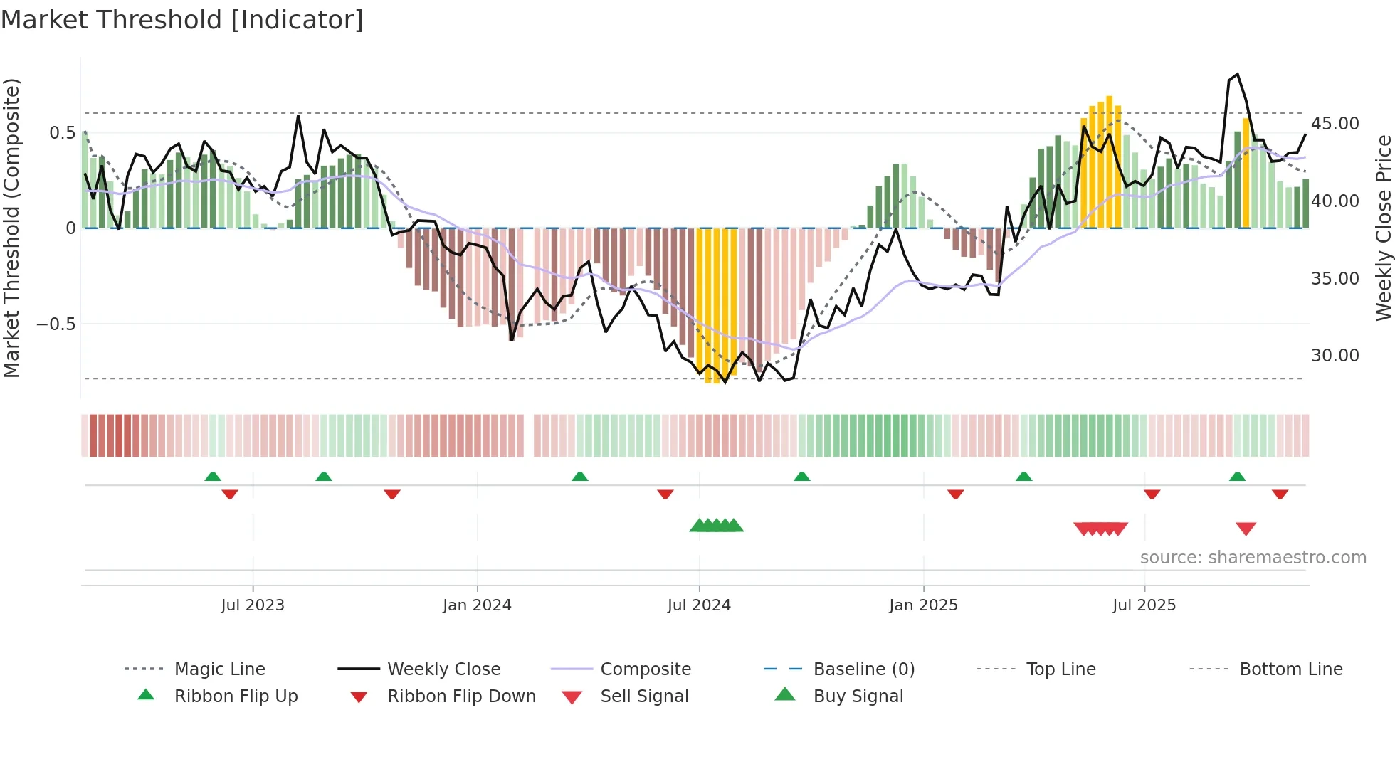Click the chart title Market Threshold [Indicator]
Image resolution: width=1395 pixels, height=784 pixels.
tap(182, 20)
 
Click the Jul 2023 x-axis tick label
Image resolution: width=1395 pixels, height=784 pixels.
tap(253, 605)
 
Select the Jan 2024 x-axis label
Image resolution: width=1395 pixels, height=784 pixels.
tap(477, 605)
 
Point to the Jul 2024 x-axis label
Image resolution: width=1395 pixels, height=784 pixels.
tap(699, 605)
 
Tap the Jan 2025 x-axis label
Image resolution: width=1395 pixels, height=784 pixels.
tap(923, 605)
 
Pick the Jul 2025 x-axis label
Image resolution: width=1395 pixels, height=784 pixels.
tap(1144, 605)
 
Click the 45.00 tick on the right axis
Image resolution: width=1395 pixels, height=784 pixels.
tap(1335, 124)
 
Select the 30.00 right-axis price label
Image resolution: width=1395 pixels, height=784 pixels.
tap(1335, 356)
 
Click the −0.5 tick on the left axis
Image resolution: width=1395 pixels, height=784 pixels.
tap(56, 324)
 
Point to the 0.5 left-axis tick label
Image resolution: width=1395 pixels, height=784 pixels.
tap(63, 133)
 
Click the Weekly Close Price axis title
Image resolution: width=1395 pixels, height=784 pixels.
tap(1383, 228)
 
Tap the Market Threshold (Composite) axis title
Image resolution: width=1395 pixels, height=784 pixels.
tap(11, 228)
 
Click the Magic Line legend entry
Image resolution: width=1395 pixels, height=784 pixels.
tap(219, 669)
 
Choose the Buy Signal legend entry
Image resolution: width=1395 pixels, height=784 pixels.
tap(858, 696)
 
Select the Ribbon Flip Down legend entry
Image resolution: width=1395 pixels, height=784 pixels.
tap(461, 696)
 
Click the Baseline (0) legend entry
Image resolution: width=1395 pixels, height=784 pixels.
tap(863, 669)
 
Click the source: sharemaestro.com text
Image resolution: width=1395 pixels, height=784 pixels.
tap(1253, 558)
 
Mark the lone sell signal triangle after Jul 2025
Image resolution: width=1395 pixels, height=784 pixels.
tap(1246, 529)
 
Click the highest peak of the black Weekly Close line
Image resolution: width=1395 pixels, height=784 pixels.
tap(1238, 74)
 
